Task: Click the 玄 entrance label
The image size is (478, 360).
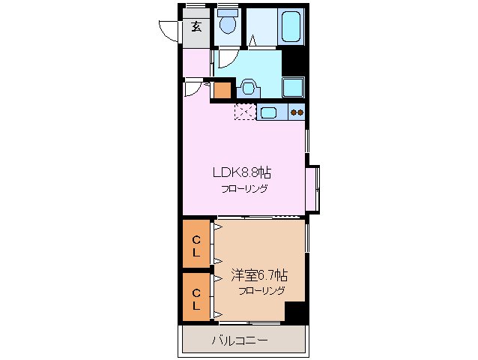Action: click(196, 27)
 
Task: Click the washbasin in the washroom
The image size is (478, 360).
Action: click(248, 88)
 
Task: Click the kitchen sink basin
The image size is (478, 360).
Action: click(269, 113)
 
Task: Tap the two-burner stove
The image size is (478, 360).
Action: click(297, 113)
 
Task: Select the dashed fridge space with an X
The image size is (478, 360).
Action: click(245, 112)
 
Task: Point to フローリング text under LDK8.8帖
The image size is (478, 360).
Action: click(243, 188)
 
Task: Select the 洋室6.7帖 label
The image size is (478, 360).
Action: click(258, 275)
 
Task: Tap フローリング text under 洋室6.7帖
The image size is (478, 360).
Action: click(261, 291)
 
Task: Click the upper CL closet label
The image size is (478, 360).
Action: click(196, 246)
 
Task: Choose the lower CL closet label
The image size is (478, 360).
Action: click(196, 299)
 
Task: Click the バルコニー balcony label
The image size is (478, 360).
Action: click(239, 341)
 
